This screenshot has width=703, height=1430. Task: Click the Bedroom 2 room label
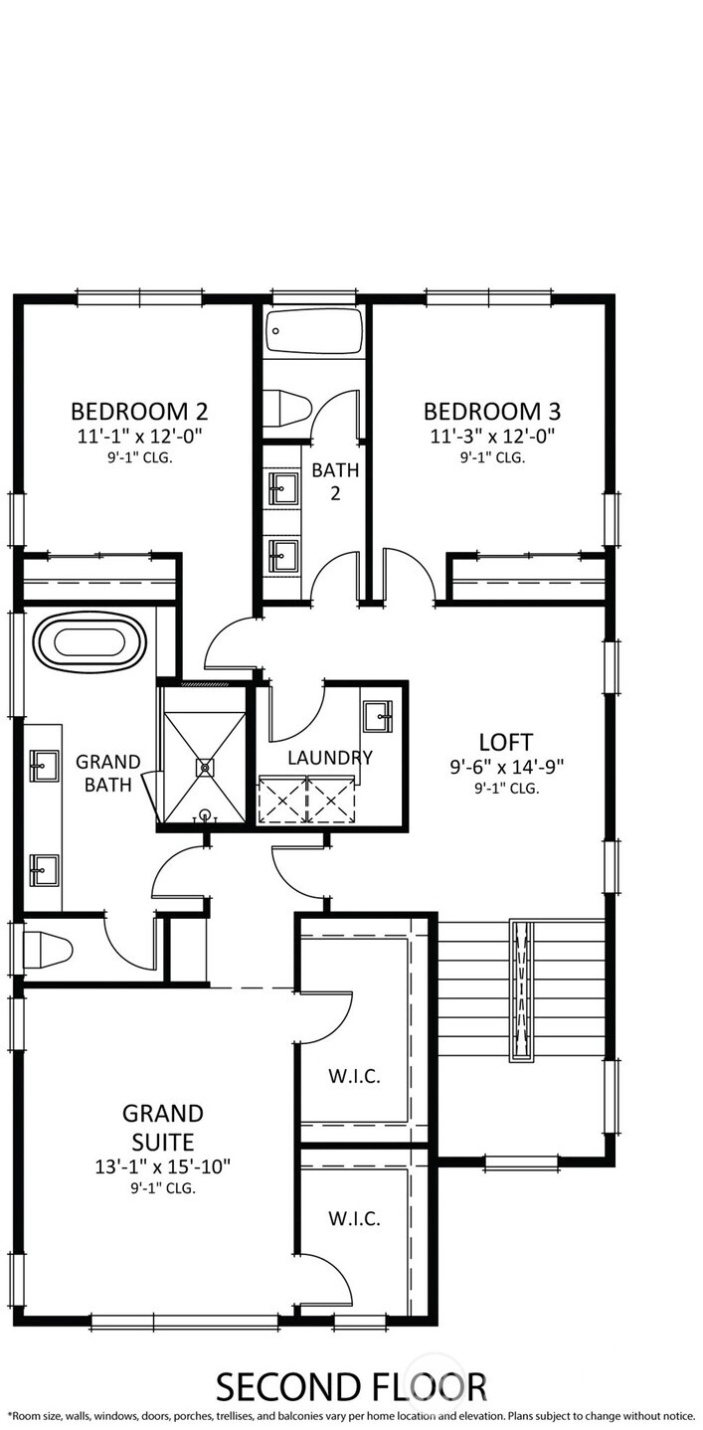[x=139, y=411]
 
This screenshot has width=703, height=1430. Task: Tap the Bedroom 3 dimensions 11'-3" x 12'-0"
[x=492, y=437]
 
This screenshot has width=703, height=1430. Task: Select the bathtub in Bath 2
[x=314, y=331]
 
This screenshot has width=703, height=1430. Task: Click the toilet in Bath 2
[x=286, y=406]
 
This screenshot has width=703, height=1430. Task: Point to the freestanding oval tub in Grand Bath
[x=90, y=642]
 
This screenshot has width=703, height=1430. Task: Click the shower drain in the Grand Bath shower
[x=205, y=767]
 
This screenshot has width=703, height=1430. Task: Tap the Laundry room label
[x=329, y=758]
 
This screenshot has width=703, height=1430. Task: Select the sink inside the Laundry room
[x=378, y=717]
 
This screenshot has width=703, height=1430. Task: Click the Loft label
[x=506, y=742]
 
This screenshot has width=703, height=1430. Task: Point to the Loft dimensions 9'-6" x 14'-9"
[x=507, y=766]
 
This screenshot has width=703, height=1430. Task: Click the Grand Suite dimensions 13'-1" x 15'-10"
[x=163, y=1166]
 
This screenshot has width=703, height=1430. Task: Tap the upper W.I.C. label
[x=354, y=1076]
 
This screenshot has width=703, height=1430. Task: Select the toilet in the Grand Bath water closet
[x=46, y=950]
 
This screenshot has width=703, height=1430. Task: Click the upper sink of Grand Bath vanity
[x=44, y=765]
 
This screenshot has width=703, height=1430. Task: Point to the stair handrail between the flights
[x=522, y=991]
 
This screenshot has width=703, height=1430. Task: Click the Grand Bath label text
[x=108, y=773]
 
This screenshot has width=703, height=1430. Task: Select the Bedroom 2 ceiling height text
[x=140, y=457]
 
